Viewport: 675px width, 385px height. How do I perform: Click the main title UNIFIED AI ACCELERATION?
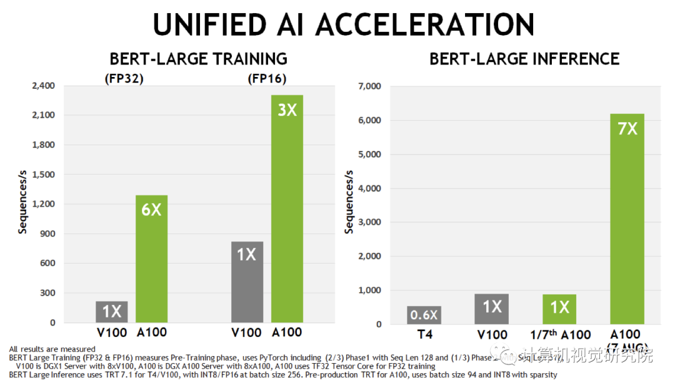pos(343,25)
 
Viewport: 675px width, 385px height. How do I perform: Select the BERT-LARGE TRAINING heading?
pos(198,59)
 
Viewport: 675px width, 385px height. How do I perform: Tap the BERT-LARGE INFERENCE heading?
pos(524,59)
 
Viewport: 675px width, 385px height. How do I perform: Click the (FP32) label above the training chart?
pos(124,80)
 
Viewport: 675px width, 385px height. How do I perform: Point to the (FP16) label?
pos(267,80)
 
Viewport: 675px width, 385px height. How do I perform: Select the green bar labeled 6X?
pos(151,259)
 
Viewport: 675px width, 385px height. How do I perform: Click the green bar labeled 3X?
pos(287,208)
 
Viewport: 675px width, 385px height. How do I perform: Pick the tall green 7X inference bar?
pos(627,218)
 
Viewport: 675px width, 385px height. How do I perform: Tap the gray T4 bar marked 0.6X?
pos(424,315)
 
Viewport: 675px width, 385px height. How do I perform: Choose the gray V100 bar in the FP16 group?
pos(247,282)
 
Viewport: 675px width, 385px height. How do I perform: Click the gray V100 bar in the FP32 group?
pos(112,312)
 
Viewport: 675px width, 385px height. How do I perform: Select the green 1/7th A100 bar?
pos(559,309)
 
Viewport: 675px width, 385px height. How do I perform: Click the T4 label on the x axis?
pos(424,334)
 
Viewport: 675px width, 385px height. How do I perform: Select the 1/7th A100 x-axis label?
pos(560,334)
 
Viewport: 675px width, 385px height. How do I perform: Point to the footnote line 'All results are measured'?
pos(52,349)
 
